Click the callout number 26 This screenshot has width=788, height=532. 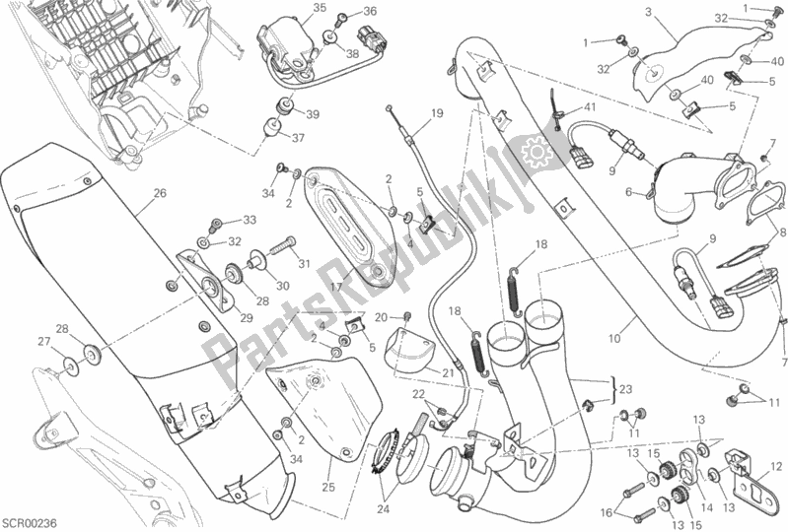click(x=160, y=193)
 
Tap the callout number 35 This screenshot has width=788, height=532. click(x=320, y=8)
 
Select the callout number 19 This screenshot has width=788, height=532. click(x=437, y=113)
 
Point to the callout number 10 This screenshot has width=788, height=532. click(x=614, y=339)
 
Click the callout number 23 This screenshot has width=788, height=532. click(x=626, y=389)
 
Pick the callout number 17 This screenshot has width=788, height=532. click(x=336, y=288)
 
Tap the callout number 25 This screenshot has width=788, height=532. click(x=328, y=488)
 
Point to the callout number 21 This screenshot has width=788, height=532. click(x=448, y=373)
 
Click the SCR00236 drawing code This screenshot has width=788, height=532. click(x=30, y=523)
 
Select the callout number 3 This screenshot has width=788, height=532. click(x=648, y=12)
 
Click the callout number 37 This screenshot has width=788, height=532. click(x=298, y=138)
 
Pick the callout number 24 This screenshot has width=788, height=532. click(x=384, y=510)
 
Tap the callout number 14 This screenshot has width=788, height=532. click(x=706, y=508)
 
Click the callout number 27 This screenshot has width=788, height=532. click(x=44, y=342)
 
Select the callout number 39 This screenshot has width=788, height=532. click(x=313, y=114)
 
